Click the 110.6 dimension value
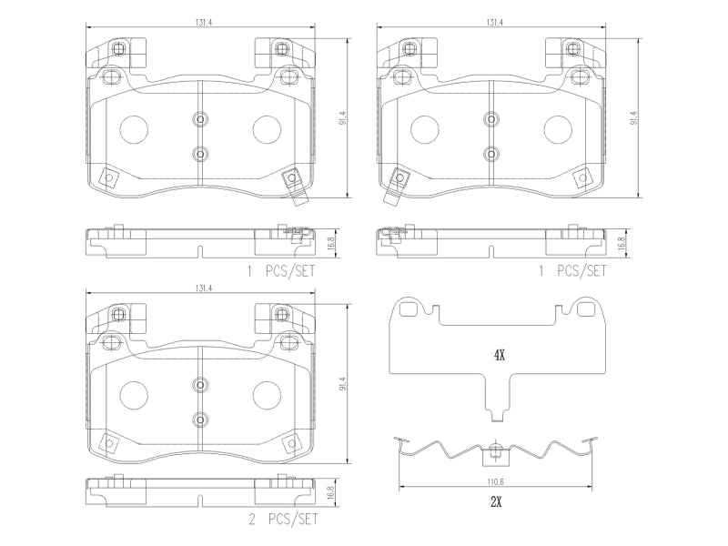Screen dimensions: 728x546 (495, 482)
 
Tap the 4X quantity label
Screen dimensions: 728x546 (499, 356)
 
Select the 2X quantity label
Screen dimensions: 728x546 (496, 502)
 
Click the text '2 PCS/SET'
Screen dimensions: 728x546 (283, 519)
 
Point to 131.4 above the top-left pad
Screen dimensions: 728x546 (203, 22)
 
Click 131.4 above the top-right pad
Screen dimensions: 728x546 (495, 22)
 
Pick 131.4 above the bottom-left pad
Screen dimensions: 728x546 (203, 288)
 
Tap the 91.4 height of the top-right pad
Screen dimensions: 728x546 (633, 118)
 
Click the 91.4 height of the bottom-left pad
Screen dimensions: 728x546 (343, 384)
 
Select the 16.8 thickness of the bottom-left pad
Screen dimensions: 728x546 (330, 492)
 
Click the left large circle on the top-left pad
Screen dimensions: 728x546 (134, 129)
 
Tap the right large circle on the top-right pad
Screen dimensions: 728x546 (558, 129)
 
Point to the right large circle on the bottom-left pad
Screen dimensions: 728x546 (267, 396)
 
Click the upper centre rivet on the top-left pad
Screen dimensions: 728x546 (200, 119)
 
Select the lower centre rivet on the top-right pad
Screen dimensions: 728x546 (490, 153)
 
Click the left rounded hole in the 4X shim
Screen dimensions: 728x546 (408, 308)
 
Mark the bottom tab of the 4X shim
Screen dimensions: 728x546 (497, 416)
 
